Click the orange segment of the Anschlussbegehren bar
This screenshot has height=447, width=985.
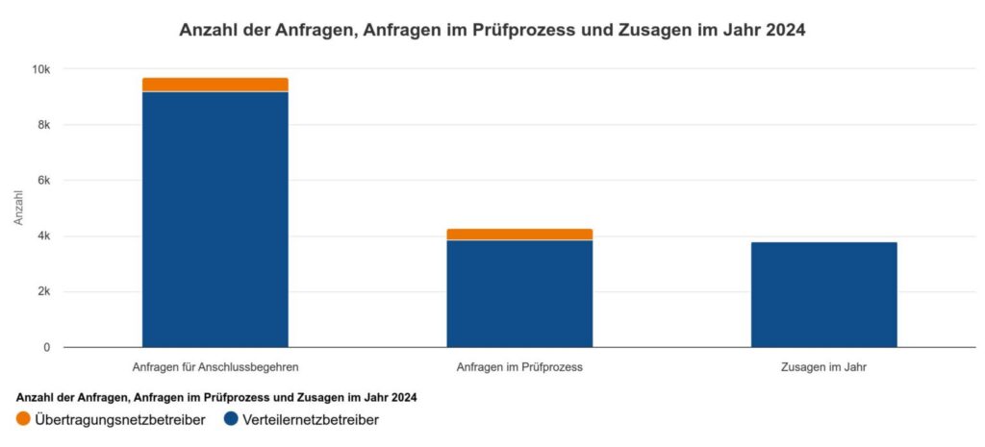point(215,85)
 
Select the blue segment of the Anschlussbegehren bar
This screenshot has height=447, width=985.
point(215,220)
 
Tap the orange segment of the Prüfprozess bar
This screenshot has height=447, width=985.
point(519,235)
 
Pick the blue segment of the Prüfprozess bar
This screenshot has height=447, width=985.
point(519,294)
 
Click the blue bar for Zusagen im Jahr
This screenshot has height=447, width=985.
point(823,294)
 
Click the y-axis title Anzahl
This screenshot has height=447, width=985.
point(19,208)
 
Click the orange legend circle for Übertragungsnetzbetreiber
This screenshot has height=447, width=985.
point(23,419)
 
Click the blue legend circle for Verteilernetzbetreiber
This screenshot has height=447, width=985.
point(231,419)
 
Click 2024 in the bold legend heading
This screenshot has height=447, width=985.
point(406,397)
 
